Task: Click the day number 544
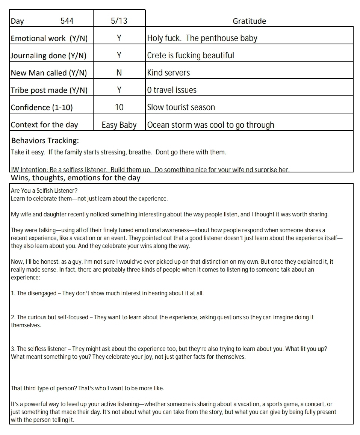(x=67, y=21)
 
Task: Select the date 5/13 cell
(x=119, y=21)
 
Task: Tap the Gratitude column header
(x=249, y=21)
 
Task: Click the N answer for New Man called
(x=119, y=73)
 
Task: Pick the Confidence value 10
(x=119, y=107)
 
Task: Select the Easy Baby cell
(x=119, y=125)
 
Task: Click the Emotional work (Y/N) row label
(x=44, y=38)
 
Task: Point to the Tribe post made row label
(x=49, y=90)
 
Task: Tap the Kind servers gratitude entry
(x=168, y=73)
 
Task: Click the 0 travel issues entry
(x=172, y=90)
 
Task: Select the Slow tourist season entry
(x=181, y=107)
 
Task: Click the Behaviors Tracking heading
(x=45, y=141)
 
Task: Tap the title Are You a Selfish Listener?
(x=44, y=190)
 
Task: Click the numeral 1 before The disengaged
(x=13, y=293)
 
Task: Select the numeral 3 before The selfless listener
(x=13, y=349)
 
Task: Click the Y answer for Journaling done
(x=119, y=56)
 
